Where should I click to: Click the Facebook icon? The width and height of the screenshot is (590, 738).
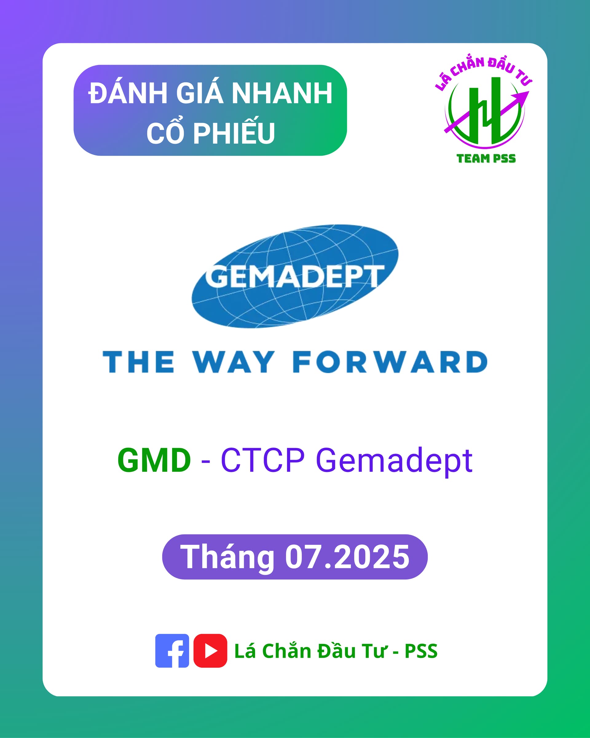click(172, 651)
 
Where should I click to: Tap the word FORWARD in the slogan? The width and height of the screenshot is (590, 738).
click(390, 362)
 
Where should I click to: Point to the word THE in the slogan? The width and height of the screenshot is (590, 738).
click(139, 362)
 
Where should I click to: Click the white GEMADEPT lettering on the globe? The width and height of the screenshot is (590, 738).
click(294, 276)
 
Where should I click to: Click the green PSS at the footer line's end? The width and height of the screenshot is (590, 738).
click(421, 651)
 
